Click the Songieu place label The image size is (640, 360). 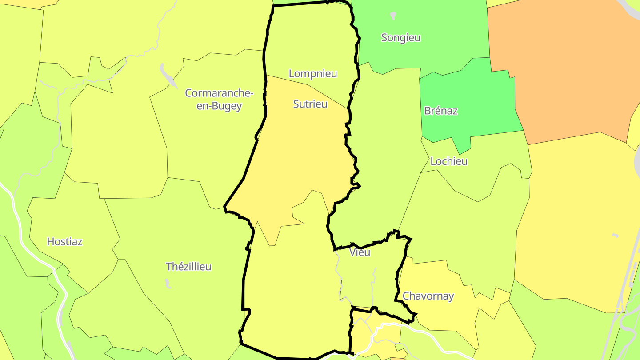(x=401, y=38)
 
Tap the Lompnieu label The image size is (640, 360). (x=313, y=74)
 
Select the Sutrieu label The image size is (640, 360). (x=310, y=104)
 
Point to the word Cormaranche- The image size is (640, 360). (x=219, y=93)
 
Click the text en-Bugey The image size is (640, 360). (x=219, y=106)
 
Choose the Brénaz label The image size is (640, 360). (x=441, y=111)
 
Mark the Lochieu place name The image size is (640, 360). (x=449, y=161)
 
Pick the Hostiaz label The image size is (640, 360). (x=65, y=242)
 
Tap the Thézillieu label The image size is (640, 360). (x=188, y=267)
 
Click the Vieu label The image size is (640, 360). (x=360, y=252)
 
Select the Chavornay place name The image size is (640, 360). (x=428, y=296)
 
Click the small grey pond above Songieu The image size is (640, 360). (x=393, y=16)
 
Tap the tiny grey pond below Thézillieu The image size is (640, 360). (x=167, y=283)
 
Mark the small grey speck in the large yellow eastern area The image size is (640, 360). (x=615, y=235)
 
